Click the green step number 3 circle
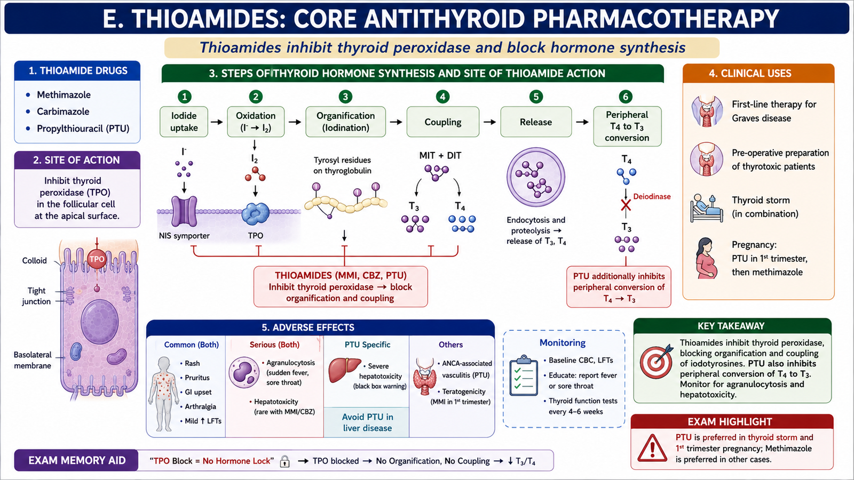click(345, 97)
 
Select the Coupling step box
click(442, 122)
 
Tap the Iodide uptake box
click(184, 122)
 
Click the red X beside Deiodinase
click(626, 205)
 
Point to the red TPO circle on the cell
click(97, 259)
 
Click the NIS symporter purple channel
click(184, 211)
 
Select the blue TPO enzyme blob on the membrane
click(256, 214)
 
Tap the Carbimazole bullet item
click(63, 111)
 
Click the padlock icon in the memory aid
click(284, 461)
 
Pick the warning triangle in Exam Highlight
click(652, 448)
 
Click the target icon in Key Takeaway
click(656, 362)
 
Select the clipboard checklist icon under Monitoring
click(524, 376)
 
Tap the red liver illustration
click(344, 370)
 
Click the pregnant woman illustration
click(706, 258)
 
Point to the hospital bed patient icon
click(707, 208)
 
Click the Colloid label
click(34, 261)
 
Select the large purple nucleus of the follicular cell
click(99, 322)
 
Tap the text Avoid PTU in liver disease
click(367, 422)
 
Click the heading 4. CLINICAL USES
click(750, 74)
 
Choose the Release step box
click(536, 122)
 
